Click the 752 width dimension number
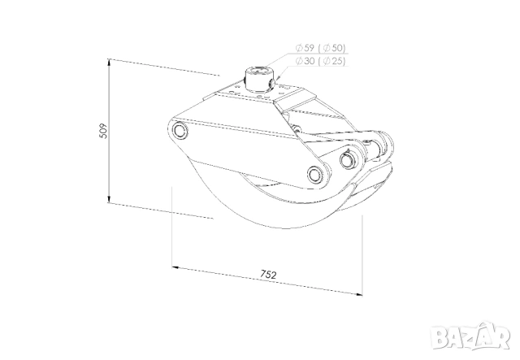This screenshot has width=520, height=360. pyautogui.click(x=268, y=275)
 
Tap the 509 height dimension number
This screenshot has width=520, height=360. pyautogui.click(x=103, y=131)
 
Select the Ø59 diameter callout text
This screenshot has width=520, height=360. pyautogui.click(x=305, y=48)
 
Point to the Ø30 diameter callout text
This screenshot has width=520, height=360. pyautogui.click(x=305, y=61)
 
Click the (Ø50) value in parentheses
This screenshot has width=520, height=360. pyautogui.click(x=331, y=48)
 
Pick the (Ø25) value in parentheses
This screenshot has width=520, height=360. pyautogui.click(x=331, y=61)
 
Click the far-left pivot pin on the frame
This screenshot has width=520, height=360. pyautogui.click(x=179, y=130)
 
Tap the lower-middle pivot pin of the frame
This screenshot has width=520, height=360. pyautogui.click(x=315, y=173)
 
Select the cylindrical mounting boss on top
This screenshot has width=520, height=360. pyautogui.click(x=258, y=78)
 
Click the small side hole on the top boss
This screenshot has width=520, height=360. pyautogui.click(x=273, y=83)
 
